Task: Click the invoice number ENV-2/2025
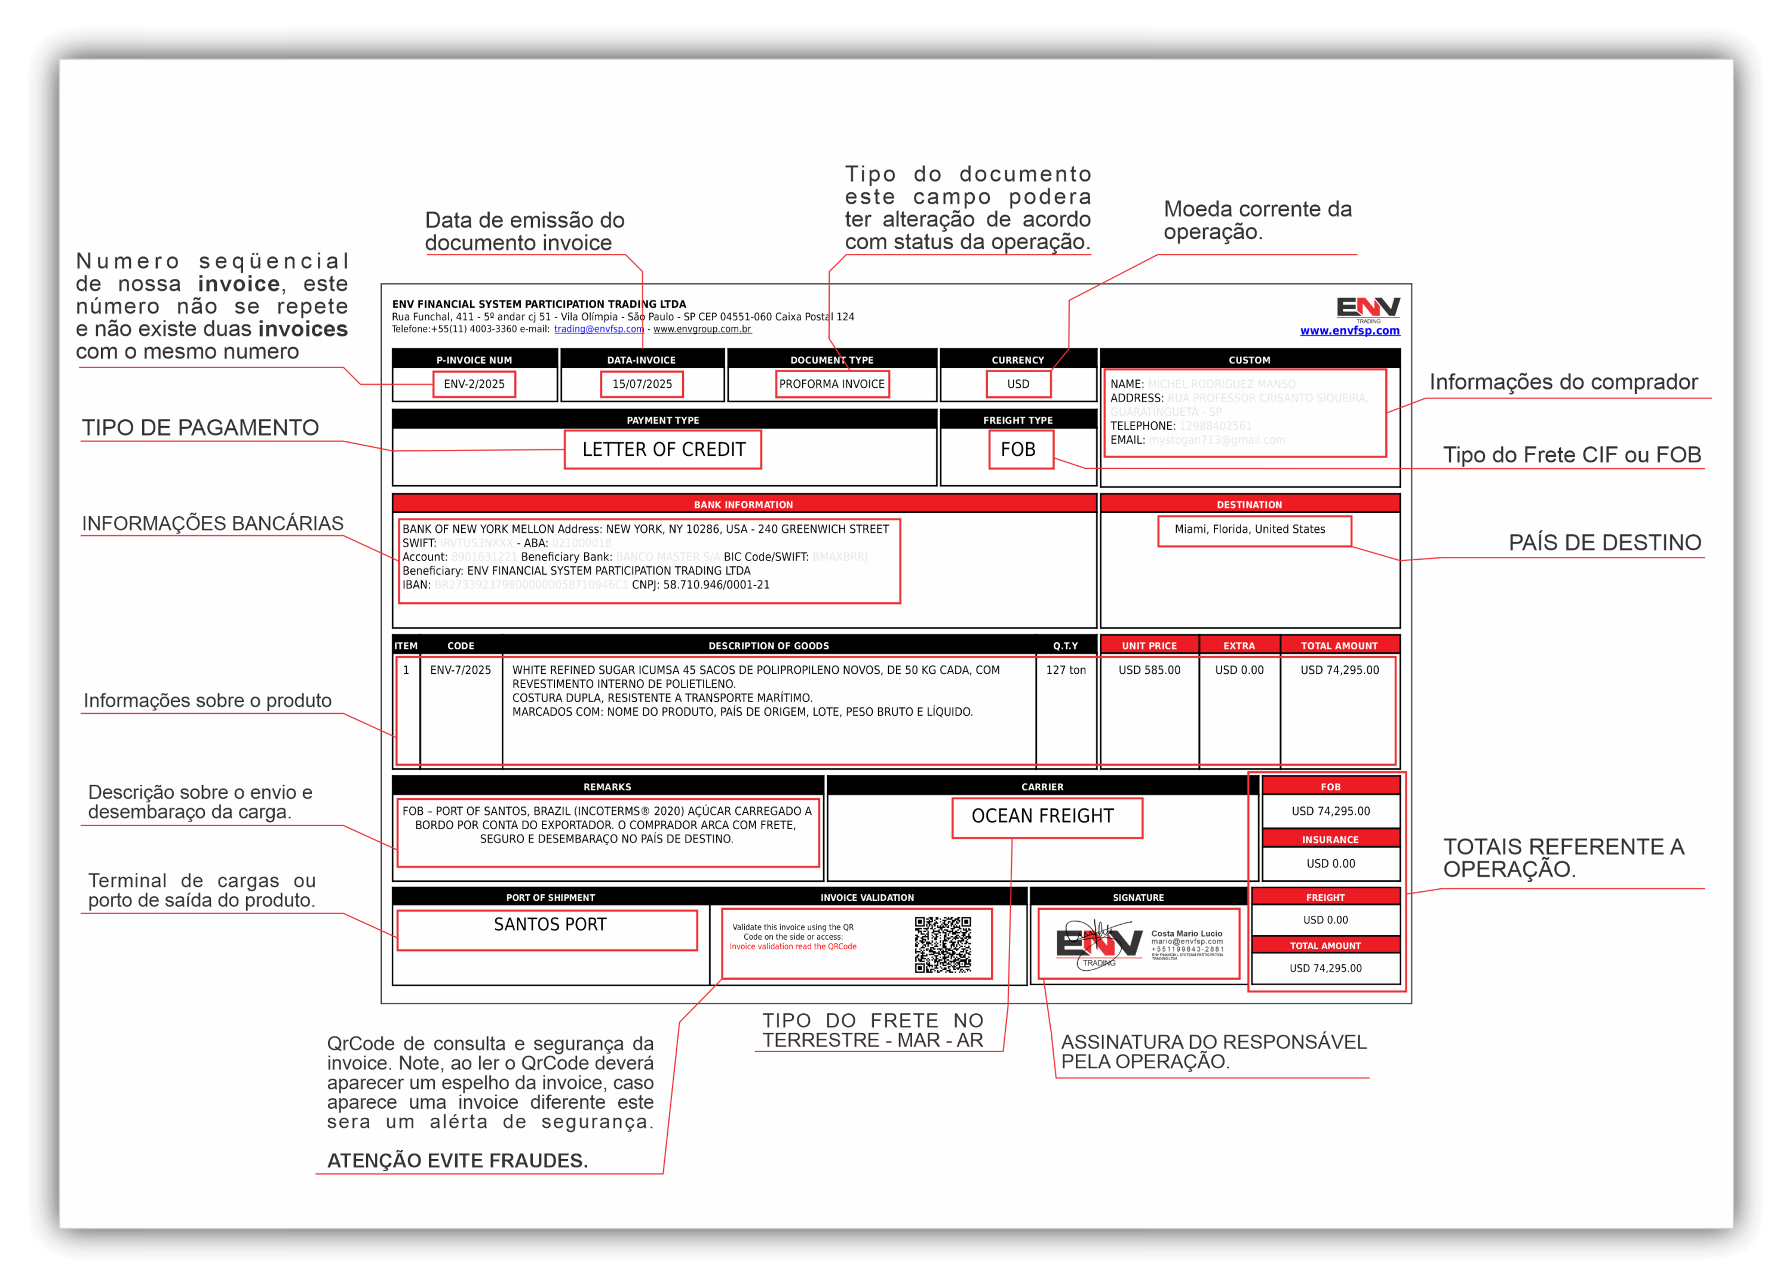coord(474,384)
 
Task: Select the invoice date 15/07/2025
coord(642,384)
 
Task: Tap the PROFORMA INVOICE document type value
coord(832,384)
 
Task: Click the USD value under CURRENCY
coord(1018,384)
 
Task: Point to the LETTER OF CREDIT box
coord(663,450)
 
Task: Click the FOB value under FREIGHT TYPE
coord(1018,450)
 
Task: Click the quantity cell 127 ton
coord(1065,670)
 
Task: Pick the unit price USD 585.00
coord(1149,670)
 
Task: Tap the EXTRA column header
coord(1238,646)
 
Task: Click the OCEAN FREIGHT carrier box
coord(1042,816)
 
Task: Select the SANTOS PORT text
coord(550,925)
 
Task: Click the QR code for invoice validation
coord(943,944)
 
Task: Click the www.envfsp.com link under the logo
coord(1349,330)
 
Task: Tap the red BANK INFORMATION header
coord(742,504)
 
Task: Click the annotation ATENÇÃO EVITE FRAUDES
coord(458,1160)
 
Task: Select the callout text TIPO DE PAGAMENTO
coord(201,428)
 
